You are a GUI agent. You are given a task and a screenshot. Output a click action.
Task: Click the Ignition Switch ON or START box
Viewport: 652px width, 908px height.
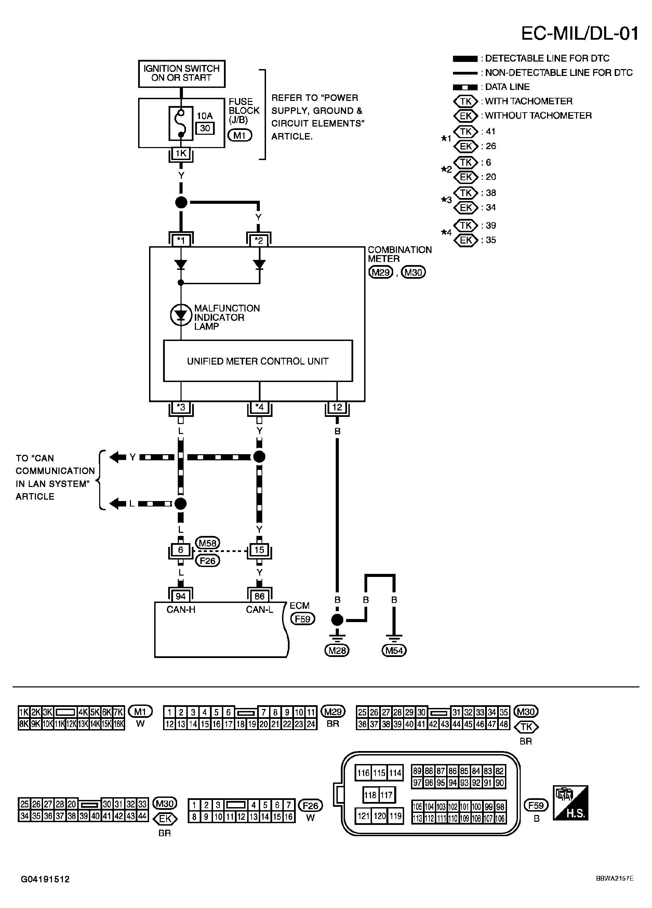click(181, 74)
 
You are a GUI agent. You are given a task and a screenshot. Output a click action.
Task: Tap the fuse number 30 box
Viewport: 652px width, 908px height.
click(205, 128)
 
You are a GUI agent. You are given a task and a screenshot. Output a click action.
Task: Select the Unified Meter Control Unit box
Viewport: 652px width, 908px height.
click(258, 361)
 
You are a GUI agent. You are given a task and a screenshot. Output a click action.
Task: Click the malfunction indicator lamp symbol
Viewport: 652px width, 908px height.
click(181, 315)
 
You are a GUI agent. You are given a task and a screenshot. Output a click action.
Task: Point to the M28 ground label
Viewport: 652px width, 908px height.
click(337, 650)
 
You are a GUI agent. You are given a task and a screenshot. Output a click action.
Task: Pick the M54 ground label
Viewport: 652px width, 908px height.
click(394, 650)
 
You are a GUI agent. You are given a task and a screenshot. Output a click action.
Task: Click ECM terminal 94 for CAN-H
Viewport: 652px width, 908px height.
click(181, 596)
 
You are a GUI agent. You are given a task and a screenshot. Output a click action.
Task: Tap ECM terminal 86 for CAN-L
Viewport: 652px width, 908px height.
click(260, 596)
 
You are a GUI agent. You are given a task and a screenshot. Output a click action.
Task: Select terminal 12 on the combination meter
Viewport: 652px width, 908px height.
click(337, 407)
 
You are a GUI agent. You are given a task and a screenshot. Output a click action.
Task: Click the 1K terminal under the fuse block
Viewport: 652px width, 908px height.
click(181, 153)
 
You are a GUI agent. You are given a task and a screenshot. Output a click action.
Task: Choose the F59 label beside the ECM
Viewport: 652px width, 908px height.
click(303, 619)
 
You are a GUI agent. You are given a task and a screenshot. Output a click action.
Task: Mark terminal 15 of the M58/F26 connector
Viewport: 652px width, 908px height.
click(260, 550)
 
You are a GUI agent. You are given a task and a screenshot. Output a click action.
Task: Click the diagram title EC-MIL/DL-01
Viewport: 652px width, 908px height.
click(580, 34)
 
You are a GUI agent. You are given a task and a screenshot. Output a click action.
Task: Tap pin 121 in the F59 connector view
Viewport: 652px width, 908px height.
click(363, 816)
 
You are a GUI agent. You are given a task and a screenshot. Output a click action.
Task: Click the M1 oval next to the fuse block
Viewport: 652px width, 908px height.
click(240, 135)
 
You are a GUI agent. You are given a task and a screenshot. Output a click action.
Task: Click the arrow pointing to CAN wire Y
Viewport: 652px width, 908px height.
click(118, 457)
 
